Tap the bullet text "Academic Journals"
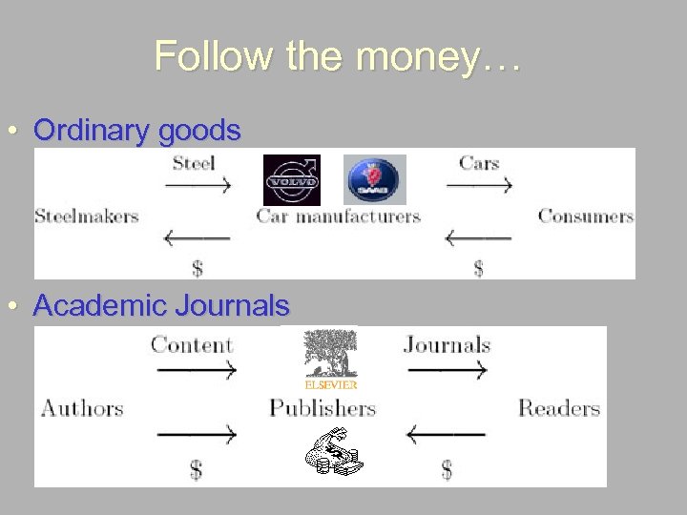[x=160, y=306]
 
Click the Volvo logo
[x=292, y=179]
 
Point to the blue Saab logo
[x=374, y=179]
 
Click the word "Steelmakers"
[x=87, y=216]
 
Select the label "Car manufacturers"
[x=338, y=216]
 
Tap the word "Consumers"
[x=585, y=216]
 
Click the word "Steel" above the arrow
[x=193, y=162]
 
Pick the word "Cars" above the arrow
[x=478, y=162]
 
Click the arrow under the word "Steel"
[x=198, y=186]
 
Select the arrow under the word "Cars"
[x=479, y=186]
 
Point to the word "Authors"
[x=82, y=409]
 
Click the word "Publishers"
[x=322, y=409]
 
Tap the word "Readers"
[x=558, y=409]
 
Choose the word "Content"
[x=191, y=344]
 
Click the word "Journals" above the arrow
[x=447, y=344]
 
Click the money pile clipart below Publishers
[x=334, y=454]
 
